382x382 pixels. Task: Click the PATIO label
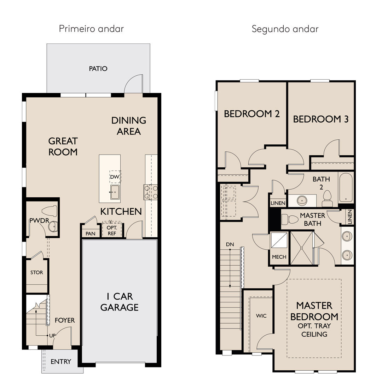98,69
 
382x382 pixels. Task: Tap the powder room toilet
50,211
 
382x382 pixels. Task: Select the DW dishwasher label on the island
115,177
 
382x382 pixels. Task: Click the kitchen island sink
115,192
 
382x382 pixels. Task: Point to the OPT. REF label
112,231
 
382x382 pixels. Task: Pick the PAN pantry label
91,234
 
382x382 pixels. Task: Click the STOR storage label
36,272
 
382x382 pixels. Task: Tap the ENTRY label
61,361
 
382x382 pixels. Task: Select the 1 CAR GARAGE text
120,302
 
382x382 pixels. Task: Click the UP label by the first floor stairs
52,336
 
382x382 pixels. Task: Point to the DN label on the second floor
230,244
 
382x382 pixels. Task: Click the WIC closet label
261,316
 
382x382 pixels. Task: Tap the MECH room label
279,257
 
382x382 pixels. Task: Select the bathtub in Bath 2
346,187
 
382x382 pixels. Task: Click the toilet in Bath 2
327,198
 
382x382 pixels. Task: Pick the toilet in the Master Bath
290,219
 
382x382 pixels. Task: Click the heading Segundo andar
285,29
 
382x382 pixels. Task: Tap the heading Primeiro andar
91,29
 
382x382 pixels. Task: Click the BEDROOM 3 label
320,119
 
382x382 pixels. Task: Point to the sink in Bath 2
302,201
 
